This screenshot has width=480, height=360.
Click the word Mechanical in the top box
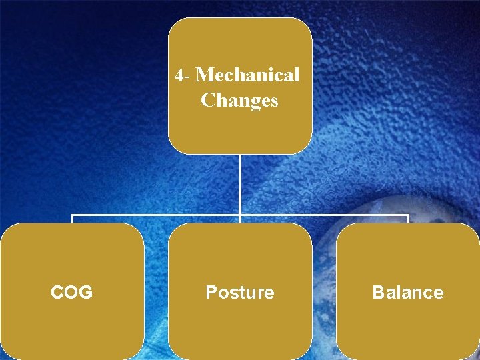247,75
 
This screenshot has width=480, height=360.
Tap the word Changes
239,101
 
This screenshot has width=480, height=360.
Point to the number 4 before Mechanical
179,75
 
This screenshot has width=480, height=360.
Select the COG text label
72,292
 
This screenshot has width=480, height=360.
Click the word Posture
239,292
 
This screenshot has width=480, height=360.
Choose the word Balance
407,292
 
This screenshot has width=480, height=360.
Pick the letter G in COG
85,292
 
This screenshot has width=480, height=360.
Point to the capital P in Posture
211,292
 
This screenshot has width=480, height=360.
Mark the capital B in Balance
378,292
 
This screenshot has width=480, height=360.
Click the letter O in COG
71,292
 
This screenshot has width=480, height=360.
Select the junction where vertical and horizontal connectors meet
240,215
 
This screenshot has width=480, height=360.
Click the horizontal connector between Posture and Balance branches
323,215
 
